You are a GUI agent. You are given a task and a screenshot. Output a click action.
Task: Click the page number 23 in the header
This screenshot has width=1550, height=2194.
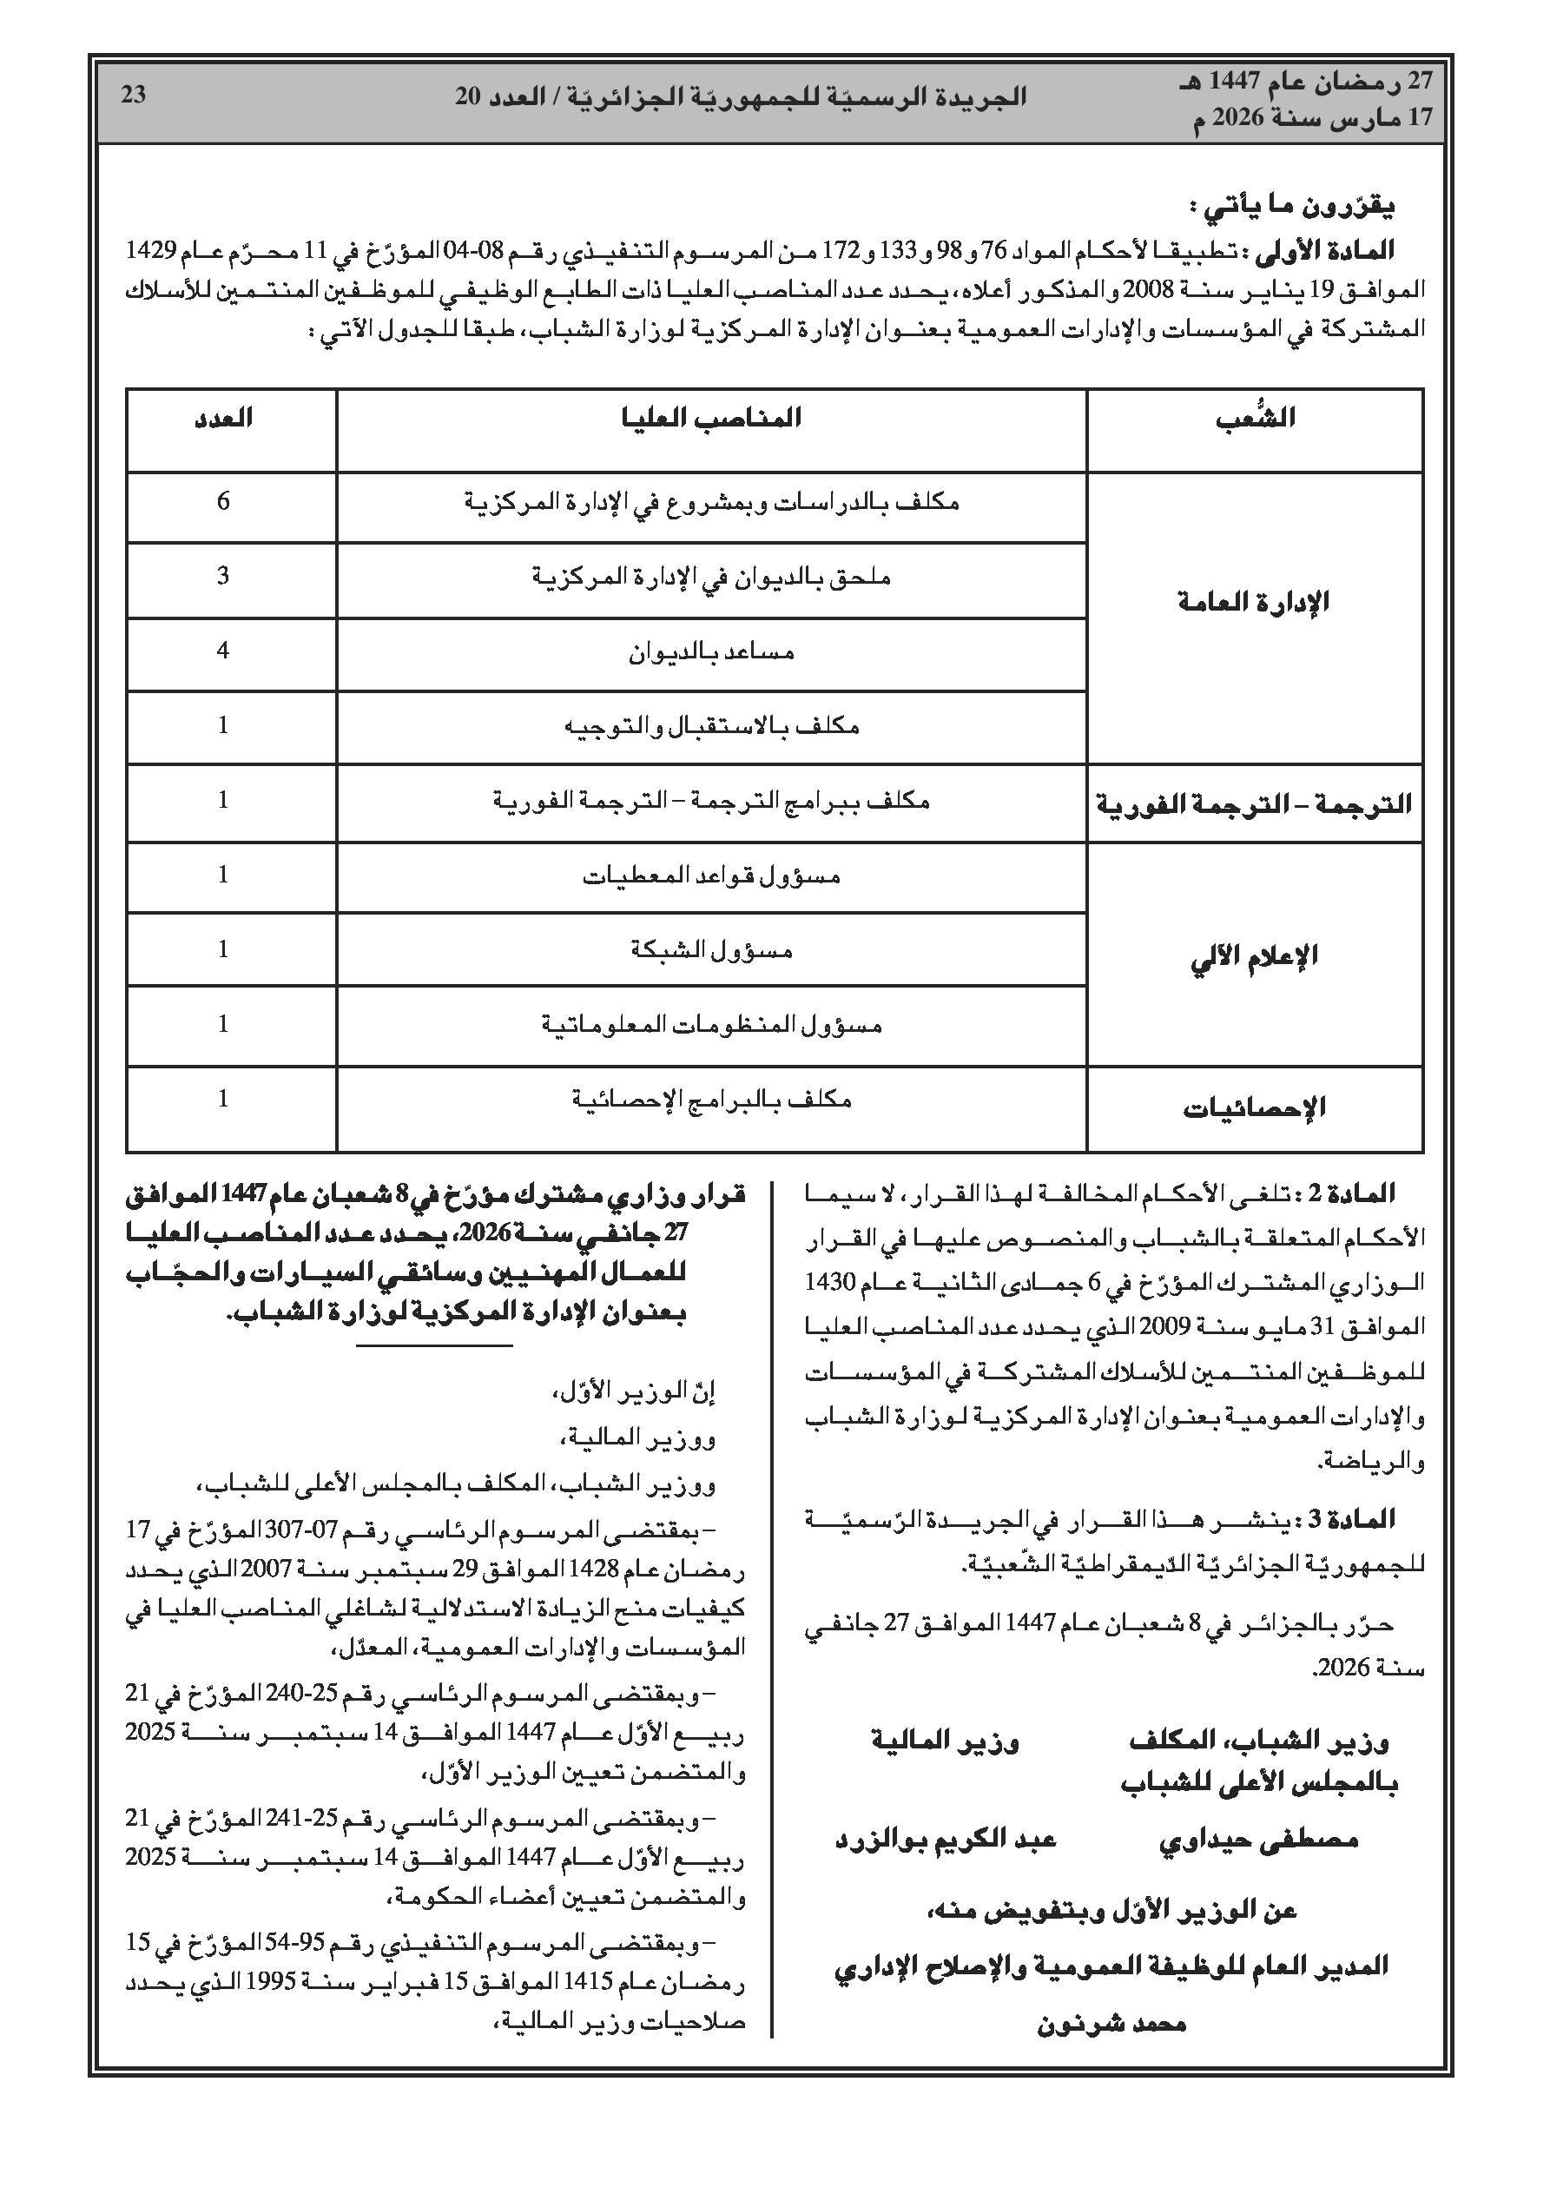click(134, 96)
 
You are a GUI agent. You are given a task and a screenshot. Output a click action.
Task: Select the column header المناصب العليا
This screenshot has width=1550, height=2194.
click(712, 419)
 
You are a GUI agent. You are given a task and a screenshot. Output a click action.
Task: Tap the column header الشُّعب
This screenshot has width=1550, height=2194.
click(1255, 419)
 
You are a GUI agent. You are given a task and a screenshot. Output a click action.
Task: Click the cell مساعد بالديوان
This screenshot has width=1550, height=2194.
click(712, 652)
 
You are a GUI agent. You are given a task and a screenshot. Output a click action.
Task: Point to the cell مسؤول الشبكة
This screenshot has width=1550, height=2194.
click(712, 950)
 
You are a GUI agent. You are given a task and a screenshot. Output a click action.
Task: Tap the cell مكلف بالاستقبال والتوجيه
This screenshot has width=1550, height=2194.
click(712, 727)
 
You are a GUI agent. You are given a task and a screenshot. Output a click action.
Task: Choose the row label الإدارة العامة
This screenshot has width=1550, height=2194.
click(1255, 602)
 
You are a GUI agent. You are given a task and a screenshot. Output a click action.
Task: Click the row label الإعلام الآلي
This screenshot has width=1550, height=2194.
click(1255, 955)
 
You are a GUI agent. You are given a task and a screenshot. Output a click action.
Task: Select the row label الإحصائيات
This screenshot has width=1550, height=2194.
click(1255, 1108)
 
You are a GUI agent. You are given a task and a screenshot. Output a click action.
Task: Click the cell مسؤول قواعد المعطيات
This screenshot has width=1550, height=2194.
click(712, 876)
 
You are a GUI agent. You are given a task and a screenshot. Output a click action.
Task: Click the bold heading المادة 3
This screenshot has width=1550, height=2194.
click(1358, 1518)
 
